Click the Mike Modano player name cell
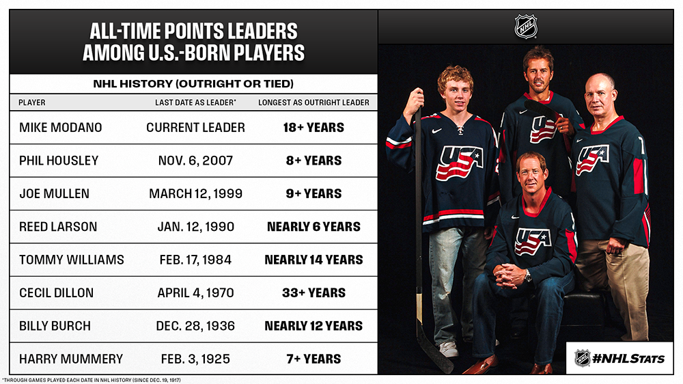pos(61,128)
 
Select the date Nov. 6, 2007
pos(195,161)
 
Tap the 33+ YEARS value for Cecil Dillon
pos(313,293)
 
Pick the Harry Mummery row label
pos(71,359)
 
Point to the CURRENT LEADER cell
pos(195,128)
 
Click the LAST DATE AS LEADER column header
pos(195,102)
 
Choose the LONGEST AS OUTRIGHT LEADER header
pos(313,102)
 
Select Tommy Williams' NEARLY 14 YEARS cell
pos(313,260)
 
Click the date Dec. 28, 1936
pos(195,326)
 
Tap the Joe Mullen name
pos(54,194)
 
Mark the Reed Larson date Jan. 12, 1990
pos(195,227)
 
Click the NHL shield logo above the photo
pos(526,27)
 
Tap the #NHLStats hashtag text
pos(628,359)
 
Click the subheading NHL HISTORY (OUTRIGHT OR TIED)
pos(193,83)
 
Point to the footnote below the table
pos(92,380)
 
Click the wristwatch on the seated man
pos(528,275)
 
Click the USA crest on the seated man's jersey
pos(532,241)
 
